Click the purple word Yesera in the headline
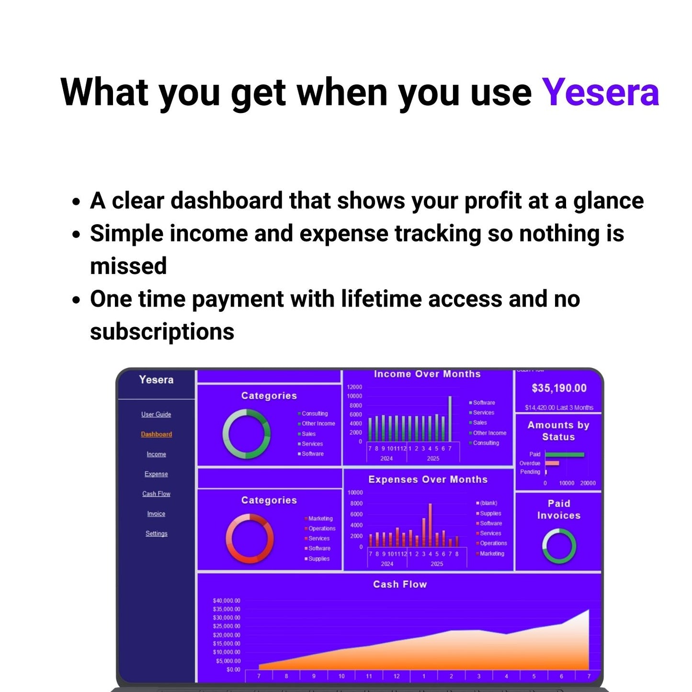pyautogui.click(x=600, y=92)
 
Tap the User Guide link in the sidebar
pyautogui.click(x=156, y=414)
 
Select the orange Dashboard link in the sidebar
pyautogui.click(x=156, y=434)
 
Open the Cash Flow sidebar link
pyautogui.click(x=156, y=494)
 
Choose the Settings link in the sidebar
pyautogui.click(x=156, y=533)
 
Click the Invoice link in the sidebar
pyautogui.click(x=156, y=514)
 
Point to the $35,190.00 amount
pyautogui.click(x=559, y=388)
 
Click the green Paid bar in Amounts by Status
pyautogui.click(x=565, y=454)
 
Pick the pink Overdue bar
pyautogui.click(x=552, y=463)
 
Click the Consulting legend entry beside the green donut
pyautogui.click(x=315, y=414)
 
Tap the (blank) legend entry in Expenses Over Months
pyautogui.click(x=488, y=503)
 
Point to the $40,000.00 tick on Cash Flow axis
pyautogui.click(x=227, y=601)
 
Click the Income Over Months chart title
pyautogui.click(x=427, y=374)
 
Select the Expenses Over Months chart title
pyautogui.click(x=428, y=479)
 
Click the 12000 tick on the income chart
pyautogui.click(x=354, y=387)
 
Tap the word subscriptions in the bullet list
pyautogui.click(x=162, y=332)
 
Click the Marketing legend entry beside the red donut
pyautogui.click(x=320, y=519)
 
